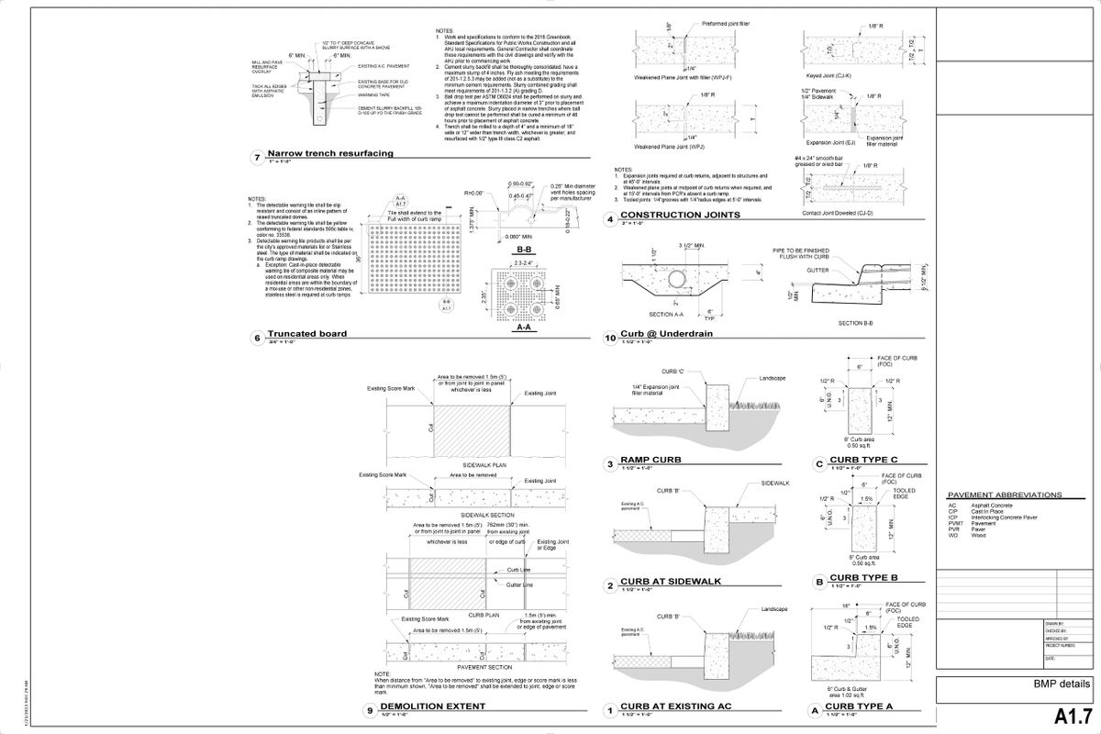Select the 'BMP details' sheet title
click(x=1062, y=684)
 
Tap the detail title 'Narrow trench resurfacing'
click(x=330, y=154)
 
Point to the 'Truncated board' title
click(x=306, y=334)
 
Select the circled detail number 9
click(x=369, y=709)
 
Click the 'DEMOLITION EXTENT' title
click(x=432, y=706)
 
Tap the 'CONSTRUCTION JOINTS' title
click(x=680, y=216)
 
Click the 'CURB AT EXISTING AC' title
click(x=675, y=707)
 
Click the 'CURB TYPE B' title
click(x=864, y=579)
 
